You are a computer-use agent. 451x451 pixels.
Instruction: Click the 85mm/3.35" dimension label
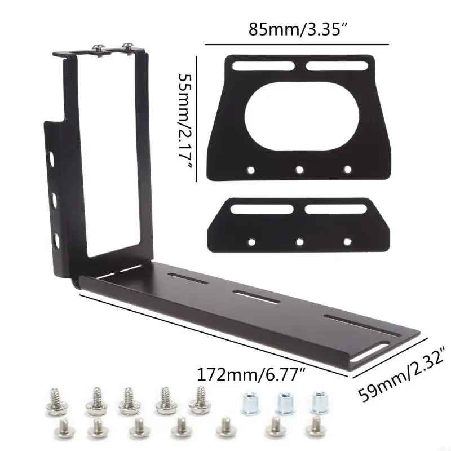coord(297,29)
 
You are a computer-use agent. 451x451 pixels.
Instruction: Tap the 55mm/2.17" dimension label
coord(185,118)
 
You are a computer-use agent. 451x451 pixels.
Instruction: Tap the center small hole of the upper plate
coord(299,169)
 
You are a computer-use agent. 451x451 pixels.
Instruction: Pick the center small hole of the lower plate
coord(299,241)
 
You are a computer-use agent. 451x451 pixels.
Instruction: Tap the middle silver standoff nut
coord(284,404)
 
